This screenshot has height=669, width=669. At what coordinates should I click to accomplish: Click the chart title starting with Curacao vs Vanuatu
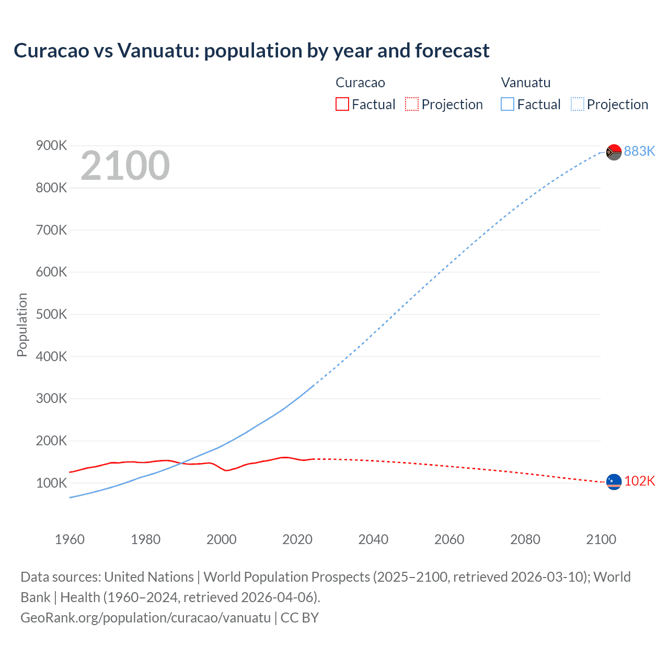coord(251,51)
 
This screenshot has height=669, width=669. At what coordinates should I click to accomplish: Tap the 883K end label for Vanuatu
coord(639,151)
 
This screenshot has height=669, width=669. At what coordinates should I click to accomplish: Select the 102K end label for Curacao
coord(639,481)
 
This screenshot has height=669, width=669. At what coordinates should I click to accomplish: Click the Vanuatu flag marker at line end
coord(614,152)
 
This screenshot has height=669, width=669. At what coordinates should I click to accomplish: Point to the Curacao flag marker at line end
coord(614,482)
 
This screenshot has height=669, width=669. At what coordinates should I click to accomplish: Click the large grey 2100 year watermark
coord(125,166)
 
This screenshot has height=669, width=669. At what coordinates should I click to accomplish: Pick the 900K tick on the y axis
coord(51,145)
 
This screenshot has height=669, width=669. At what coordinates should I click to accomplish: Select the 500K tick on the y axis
coord(51,314)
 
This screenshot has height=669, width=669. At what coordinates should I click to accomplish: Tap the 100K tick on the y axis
coord(51,483)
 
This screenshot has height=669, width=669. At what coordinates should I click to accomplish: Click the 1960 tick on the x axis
coord(70,539)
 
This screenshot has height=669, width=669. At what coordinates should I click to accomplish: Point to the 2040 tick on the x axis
coord(373,539)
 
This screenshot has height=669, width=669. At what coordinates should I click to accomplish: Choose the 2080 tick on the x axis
coord(525,539)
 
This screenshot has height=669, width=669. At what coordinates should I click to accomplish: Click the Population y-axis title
coord(22,325)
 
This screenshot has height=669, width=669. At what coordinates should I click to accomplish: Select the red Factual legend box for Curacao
coord(342,105)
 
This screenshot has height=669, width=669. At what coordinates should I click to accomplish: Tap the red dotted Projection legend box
coord(412,105)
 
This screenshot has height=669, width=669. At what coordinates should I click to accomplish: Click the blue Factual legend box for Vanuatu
coord(507,105)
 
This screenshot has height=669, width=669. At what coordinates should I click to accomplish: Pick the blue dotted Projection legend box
coord(577,105)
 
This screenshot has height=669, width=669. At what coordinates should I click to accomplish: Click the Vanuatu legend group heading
coord(525,83)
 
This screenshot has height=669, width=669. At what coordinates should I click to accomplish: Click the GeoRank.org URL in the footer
coord(145,617)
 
